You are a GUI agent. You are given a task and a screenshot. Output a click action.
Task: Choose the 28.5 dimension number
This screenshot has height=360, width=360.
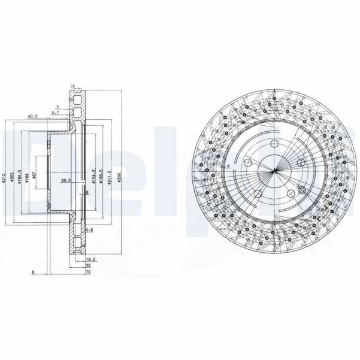pyautogui.click(x=65, y=180)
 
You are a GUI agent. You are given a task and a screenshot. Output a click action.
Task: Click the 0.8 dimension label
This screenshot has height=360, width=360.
pyautogui.click(x=89, y=230)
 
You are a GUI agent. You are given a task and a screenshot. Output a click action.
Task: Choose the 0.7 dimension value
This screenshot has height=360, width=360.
pyautogui.click(x=55, y=112)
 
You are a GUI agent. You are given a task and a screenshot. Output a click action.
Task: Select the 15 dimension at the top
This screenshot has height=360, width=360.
pyautogui.click(x=72, y=86)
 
